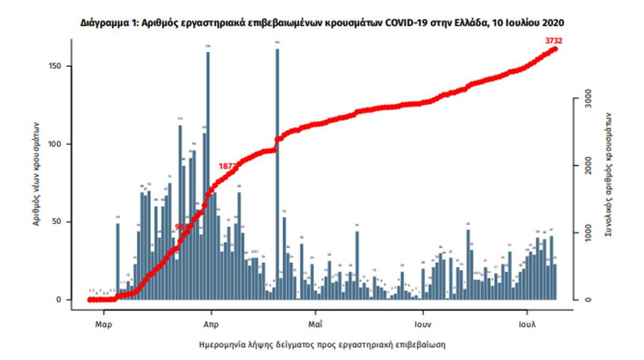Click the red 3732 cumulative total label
coord(553,40)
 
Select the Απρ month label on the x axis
coord(211,324)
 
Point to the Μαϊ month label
coord(316,324)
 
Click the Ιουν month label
coord(423,324)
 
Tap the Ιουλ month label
coord(527,324)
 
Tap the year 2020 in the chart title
coord(553,23)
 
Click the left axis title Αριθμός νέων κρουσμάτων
coord(37,172)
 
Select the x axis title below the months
coord(322,343)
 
